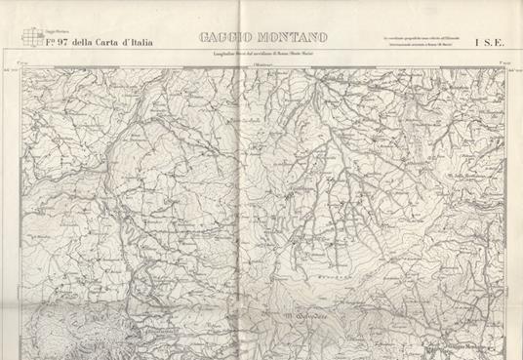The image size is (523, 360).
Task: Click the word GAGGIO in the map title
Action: click(224, 40)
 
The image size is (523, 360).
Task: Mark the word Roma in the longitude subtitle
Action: click(291, 54)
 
